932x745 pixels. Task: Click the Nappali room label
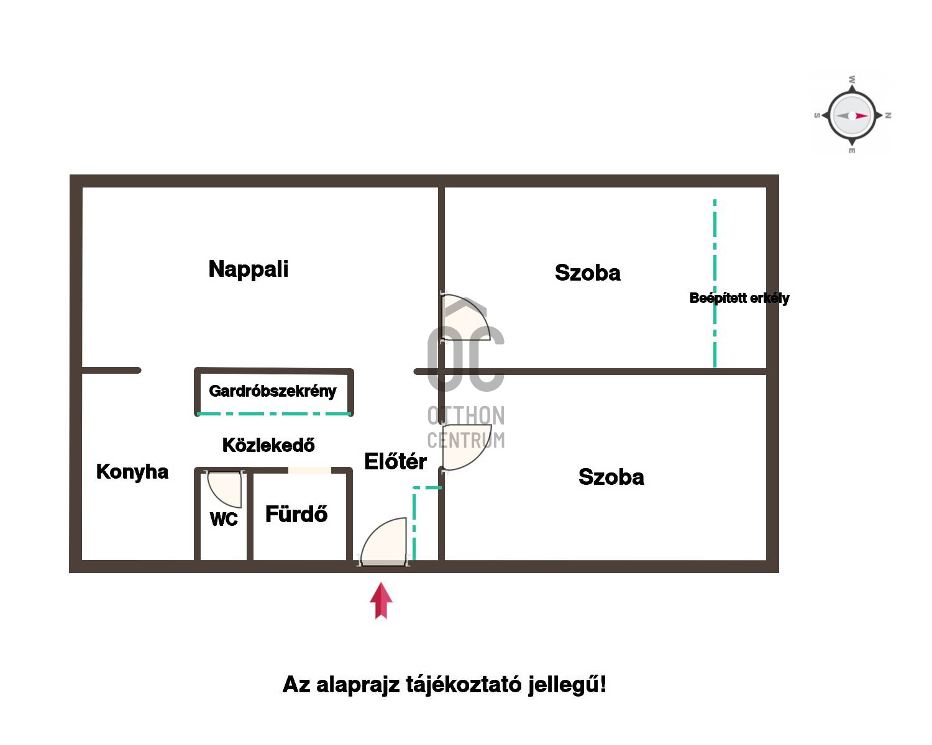pyautogui.click(x=248, y=269)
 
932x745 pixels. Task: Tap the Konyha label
pyautogui.click(x=132, y=472)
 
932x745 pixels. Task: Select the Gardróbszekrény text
pyautogui.click(x=272, y=391)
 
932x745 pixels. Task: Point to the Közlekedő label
pyautogui.click(x=268, y=445)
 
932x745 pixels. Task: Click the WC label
pyautogui.click(x=224, y=519)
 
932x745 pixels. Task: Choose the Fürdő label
pyautogui.click(x=296, y=514)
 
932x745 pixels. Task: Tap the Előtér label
pyautogui.click(x=395, y=461)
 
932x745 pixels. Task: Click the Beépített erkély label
pyautogui.click(x=739, y=298)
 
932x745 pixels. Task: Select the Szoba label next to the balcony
pyautogui.click(x=588, y=273)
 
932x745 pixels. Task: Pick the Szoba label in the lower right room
pyautogui.click(x=611, y=477)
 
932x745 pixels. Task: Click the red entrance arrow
pyautogui.click(x=381, y=601)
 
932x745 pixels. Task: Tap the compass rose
pyautogui.click(x=852, y=115)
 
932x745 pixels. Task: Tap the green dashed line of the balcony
pyautogui.click(x=715, y=283)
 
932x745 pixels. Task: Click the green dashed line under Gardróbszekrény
pyautogui.click(x=274, y=414)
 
